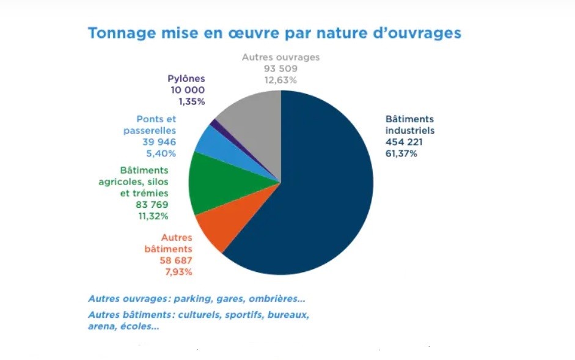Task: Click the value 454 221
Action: point(404,142)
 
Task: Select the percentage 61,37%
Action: point(401,153)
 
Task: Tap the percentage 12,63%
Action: point(280,80)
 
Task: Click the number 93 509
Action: point(280,68)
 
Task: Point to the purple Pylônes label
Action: point(186,78)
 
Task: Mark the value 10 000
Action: point(188,90)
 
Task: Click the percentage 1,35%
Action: point(189,101)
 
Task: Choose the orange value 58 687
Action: point(175,260)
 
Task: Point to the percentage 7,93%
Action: point(178,271)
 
